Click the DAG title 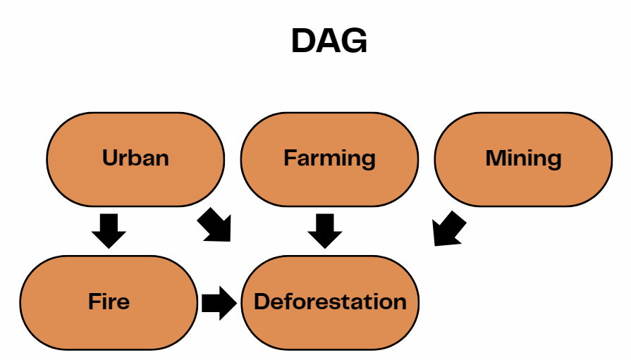coord(329,42)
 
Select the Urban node coord(135,159)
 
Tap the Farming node coord(329,159)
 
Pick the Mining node coord(523,159)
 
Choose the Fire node coord(109,302)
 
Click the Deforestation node coord(329,302)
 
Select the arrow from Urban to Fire coord(109,230)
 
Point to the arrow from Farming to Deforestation coord(324,230)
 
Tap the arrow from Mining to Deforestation coord(448,230)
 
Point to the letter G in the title coord(355,42)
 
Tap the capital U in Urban coord(109,157)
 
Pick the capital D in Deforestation coord(262,302)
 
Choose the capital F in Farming coord(290,157)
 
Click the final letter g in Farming coord(368,160)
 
